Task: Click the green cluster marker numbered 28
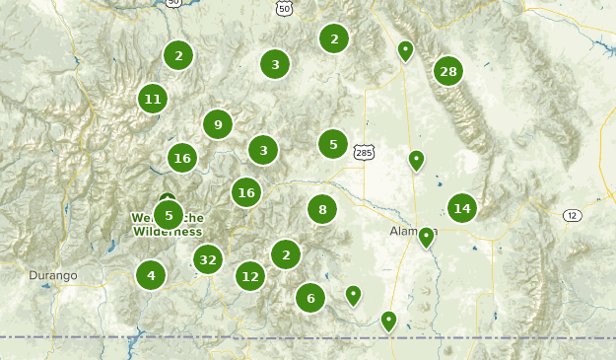448,71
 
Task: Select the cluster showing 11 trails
152,99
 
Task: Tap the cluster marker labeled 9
218,124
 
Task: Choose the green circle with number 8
322,209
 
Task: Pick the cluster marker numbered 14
461,208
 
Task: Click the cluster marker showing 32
207,260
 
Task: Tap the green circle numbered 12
250,276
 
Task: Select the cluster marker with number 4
151,274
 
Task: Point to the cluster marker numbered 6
310,297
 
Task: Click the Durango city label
52,275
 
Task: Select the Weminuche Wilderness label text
168,225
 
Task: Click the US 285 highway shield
364,153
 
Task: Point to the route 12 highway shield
572,215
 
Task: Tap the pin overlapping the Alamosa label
426,237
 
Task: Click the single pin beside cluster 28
405,49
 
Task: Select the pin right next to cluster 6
353,294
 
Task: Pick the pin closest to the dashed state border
388,321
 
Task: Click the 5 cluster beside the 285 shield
333,144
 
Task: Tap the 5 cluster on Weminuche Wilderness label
169,214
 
